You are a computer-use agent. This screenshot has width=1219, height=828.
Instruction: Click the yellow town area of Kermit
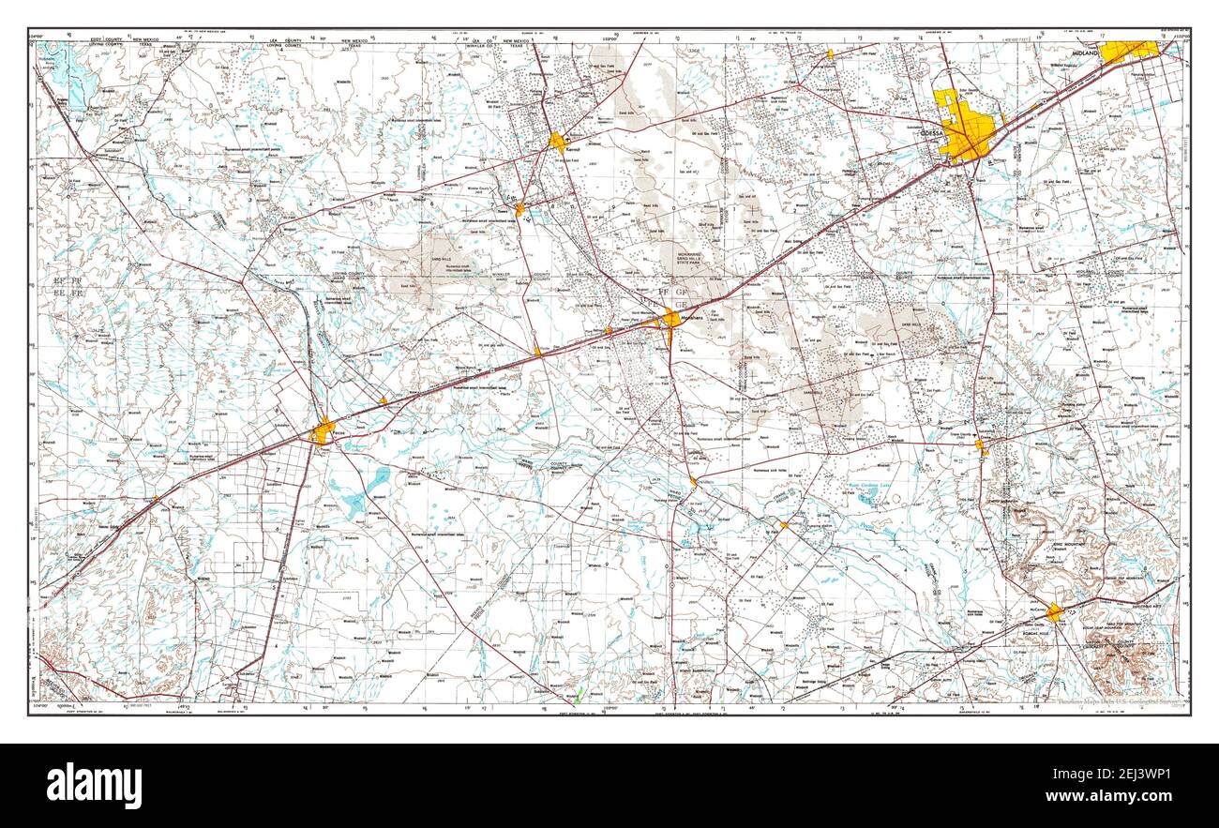tap(558, 143)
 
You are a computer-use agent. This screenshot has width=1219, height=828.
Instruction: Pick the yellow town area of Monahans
tap(670, 319)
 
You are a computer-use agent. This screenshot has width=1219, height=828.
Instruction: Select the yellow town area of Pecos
tap(324, 431)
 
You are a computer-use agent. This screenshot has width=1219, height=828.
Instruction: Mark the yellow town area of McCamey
tap(1055, 612)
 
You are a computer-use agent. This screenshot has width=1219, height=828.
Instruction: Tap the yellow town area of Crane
tap(981, 446)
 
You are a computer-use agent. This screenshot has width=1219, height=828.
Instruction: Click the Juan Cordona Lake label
tap(872, 485)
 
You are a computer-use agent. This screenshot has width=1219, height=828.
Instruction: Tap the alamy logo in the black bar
tap(94, 785)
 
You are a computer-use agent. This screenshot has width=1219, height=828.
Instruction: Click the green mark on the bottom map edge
tap(580, 697)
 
